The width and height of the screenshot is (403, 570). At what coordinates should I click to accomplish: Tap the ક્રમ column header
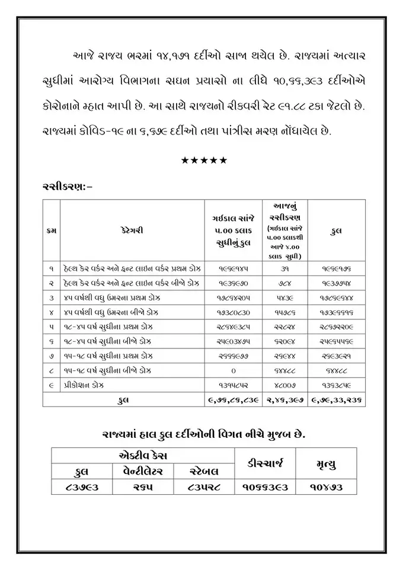[52, 229]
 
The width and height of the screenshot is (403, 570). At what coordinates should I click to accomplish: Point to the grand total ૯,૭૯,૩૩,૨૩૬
[336, 400]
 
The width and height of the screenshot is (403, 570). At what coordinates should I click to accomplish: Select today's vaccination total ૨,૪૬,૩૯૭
[286, 400]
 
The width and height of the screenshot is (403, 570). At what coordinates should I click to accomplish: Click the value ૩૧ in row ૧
[286, 268]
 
